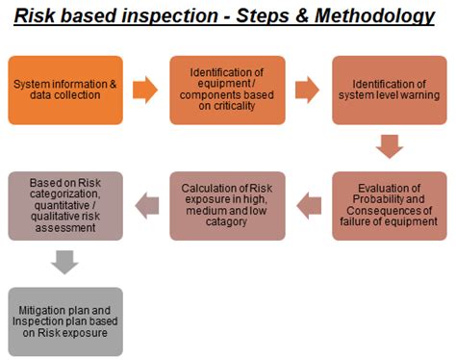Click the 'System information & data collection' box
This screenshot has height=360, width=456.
tap(65, 90)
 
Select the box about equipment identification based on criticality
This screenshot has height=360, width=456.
tap(228, 90)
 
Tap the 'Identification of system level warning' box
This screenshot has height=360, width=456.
tap(389, 90)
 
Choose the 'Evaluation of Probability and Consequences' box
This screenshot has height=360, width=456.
tap(389, 205)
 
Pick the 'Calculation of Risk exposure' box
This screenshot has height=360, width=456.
tap(228, 205)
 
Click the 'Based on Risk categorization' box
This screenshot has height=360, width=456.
tap(65, 205)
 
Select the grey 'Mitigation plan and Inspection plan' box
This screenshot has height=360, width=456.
tap(65, 321)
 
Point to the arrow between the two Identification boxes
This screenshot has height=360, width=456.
tap(309, 90)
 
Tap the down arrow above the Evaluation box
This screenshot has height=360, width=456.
tap(389, 147)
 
